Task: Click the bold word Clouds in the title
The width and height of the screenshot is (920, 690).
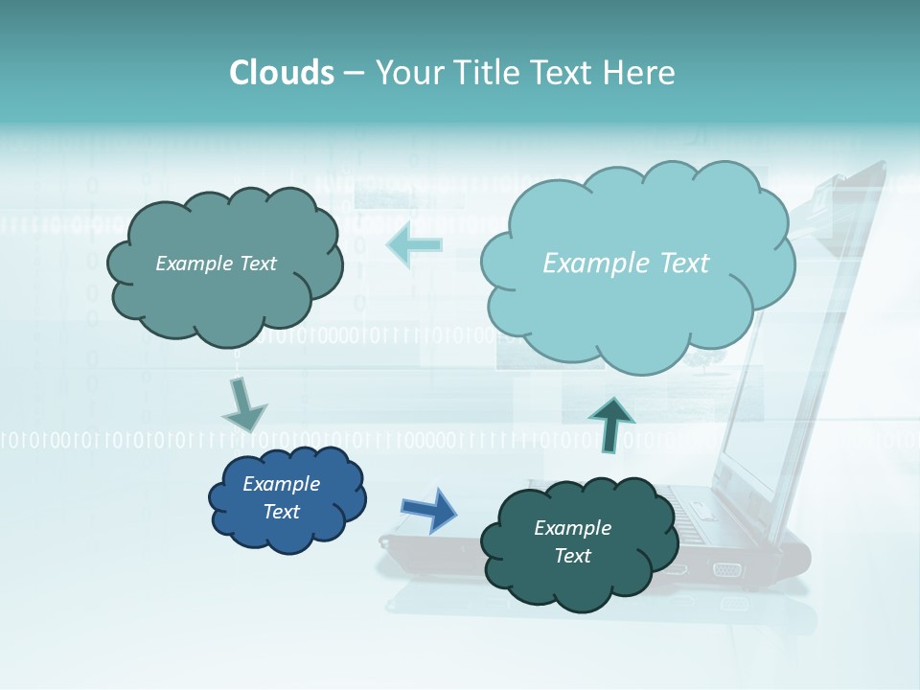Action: tap(282, 73)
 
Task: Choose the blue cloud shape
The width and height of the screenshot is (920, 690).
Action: tap(287, 498)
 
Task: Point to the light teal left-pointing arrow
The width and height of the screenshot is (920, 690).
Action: tap(414, 244)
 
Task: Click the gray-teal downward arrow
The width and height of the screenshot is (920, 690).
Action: tap(243, 404)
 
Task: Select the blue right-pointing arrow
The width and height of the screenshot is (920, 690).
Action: tap(428, 510)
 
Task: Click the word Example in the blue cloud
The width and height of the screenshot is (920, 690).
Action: tap(281, 484)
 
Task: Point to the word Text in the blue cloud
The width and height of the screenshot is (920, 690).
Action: tap(281, 512)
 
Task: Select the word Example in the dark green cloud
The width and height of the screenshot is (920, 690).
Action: tap(572, 528)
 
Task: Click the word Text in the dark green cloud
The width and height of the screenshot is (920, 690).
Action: tap(572, 556)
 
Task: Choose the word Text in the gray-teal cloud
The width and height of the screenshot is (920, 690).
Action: tap(258, 264)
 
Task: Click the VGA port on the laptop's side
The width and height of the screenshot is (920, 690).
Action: tap(726, 570)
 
